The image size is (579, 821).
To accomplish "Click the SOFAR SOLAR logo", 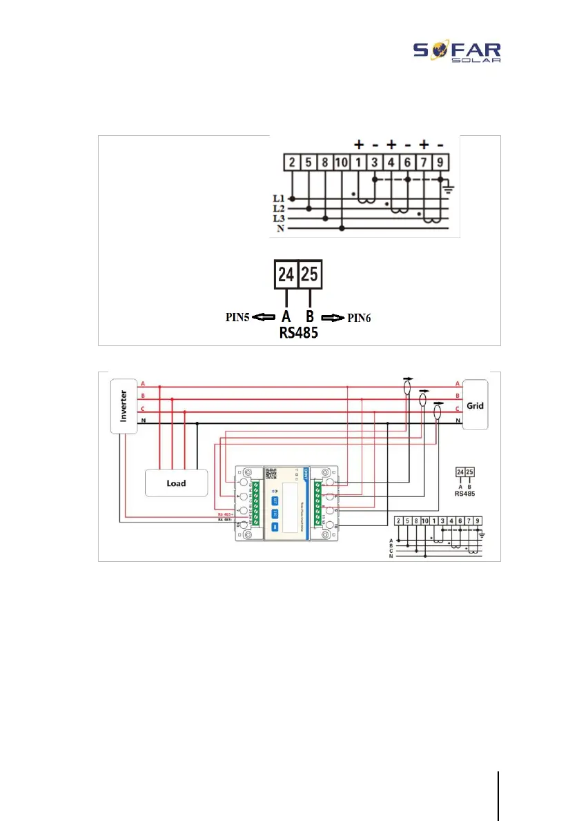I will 457,51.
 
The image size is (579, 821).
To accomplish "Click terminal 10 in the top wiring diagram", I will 343,163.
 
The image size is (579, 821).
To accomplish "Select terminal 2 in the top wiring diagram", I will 293,163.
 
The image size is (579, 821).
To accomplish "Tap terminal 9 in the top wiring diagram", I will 441,163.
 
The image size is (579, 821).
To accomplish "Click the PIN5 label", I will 235,318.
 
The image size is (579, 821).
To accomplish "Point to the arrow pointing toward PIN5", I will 263,318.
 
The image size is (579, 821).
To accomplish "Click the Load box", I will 176,483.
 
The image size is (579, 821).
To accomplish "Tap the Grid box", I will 475,405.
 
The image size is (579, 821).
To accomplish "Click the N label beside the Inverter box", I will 143,420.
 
